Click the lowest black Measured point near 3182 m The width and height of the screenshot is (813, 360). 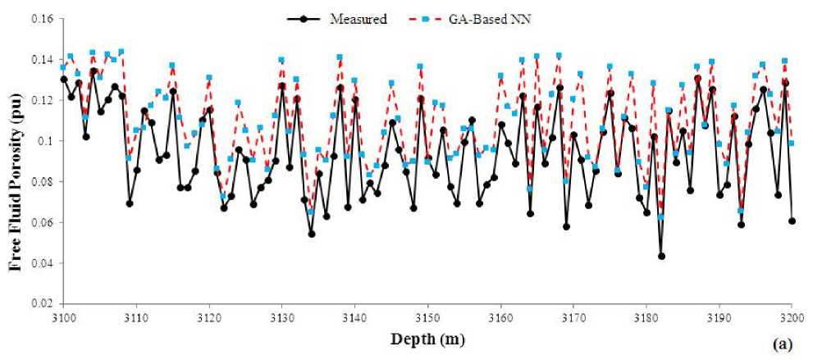click(661, 256)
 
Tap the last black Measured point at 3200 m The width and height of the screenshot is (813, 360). click(792, 221)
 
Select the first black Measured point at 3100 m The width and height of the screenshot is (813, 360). click(63, 79)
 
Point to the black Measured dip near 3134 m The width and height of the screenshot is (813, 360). click(312, 234)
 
